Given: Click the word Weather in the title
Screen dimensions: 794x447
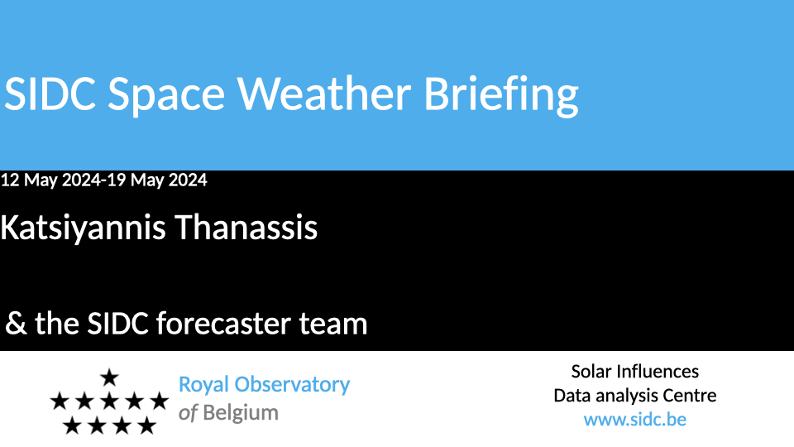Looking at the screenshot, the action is click(324, 94).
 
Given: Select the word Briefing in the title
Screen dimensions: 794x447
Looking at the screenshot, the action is click(501, 96).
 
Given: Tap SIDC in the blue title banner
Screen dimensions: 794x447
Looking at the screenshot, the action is click(50, 94).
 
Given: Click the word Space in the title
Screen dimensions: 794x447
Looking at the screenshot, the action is click(166, 96).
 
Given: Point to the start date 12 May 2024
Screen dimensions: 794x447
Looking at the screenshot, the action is click(51, 180).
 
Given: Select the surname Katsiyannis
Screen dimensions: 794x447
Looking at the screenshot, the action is click(83, 228).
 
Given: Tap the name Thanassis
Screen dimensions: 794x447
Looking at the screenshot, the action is click(246, 227).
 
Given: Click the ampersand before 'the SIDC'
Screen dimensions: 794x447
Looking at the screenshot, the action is click(16, 324).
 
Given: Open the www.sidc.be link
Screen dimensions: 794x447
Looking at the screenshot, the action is click(635, 420).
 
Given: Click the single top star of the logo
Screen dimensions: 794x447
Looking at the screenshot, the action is click(109, 377).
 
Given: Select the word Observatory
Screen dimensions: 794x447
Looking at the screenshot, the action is click(292, 385).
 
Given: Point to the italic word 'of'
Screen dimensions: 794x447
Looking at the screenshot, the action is click(188, 412).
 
